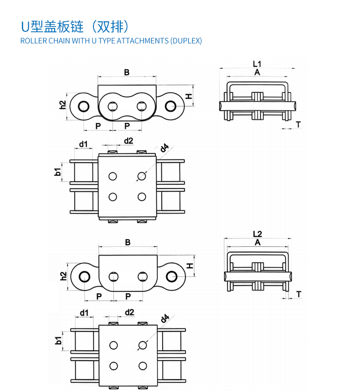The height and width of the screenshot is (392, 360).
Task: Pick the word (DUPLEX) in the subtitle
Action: pos(186,41)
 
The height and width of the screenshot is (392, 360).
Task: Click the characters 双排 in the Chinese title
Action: pos(110,27)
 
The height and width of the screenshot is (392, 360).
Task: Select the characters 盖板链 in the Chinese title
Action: pos(63,27)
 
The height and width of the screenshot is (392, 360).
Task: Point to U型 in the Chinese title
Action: pos(32,27)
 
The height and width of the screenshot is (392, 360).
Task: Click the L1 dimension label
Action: pos(257,64)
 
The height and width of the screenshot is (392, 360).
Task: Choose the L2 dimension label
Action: pos(257,234)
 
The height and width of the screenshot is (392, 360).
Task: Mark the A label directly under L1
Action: pos(257,72)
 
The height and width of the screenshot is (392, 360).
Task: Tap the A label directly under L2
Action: pos(257,243)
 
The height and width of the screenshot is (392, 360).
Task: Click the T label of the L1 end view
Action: pos(298,124)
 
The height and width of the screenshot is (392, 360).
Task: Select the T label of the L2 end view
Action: pos(298,294)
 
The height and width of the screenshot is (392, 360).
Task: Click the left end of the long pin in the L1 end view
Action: pos(220,106)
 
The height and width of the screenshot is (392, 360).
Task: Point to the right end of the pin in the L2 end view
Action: pos(291,276)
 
